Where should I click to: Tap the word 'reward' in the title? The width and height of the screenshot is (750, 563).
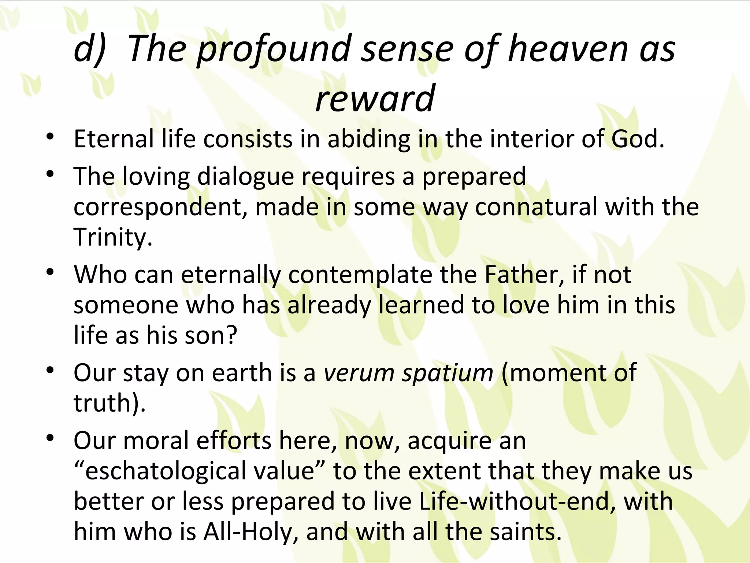375,98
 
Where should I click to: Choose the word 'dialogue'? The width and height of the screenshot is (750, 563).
245,177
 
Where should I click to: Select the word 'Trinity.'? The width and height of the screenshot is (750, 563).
113,238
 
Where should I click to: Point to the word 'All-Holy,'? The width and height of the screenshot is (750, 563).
250,532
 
